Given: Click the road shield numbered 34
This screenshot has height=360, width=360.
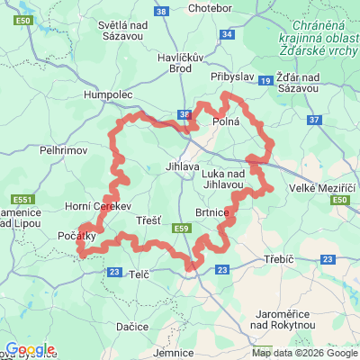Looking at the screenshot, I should pyautogui.click(x=227, y=34).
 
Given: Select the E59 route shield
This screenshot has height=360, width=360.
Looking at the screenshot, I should pyautogui.click(x=183, y=229).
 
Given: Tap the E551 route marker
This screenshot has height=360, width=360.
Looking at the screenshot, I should pyautogui.click(x=23, y=199).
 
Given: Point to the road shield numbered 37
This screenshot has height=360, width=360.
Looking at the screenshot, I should pyautogui.click(x=313, y=119).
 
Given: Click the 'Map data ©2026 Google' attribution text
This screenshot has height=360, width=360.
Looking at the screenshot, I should pyautogui.click(x=304, y=352).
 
